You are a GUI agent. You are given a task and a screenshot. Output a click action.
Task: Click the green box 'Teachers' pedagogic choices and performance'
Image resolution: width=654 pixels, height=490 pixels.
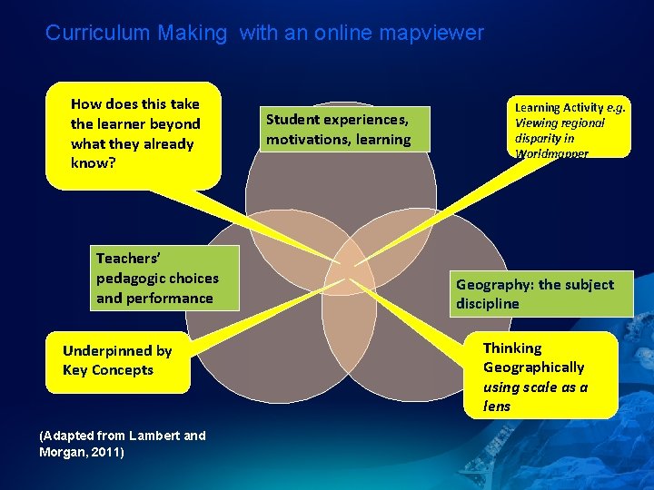[x=166, y=278]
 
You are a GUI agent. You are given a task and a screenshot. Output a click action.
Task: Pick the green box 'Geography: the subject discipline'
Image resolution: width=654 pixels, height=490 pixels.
[x=541, y=294]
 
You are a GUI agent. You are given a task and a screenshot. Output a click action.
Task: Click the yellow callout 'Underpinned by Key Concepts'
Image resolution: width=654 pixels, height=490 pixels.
[x=117, y=360]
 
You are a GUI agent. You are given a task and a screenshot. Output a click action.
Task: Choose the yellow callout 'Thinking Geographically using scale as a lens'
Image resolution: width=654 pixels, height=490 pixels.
[x=540, y=375]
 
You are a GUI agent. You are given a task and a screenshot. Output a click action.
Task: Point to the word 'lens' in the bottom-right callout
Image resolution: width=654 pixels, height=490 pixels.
[x=497, y=407]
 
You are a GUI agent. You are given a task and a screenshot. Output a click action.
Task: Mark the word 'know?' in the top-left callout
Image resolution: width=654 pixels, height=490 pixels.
[x=93, y=163]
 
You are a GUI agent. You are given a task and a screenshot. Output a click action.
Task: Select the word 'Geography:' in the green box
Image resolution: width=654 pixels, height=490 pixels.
[x=495, y=284]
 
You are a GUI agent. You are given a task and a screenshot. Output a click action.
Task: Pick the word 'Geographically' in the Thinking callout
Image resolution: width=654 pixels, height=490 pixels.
[x=533, y=367]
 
